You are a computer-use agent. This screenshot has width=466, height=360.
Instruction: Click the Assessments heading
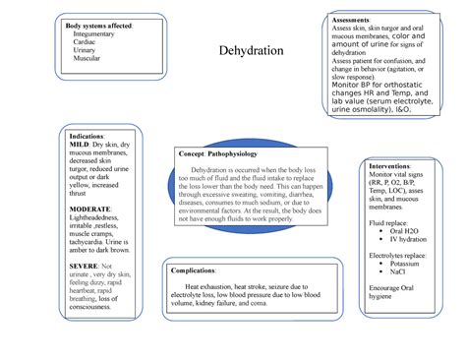click(x=352, y=20)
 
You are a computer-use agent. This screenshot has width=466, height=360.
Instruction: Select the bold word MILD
click(x=80, y=143)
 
